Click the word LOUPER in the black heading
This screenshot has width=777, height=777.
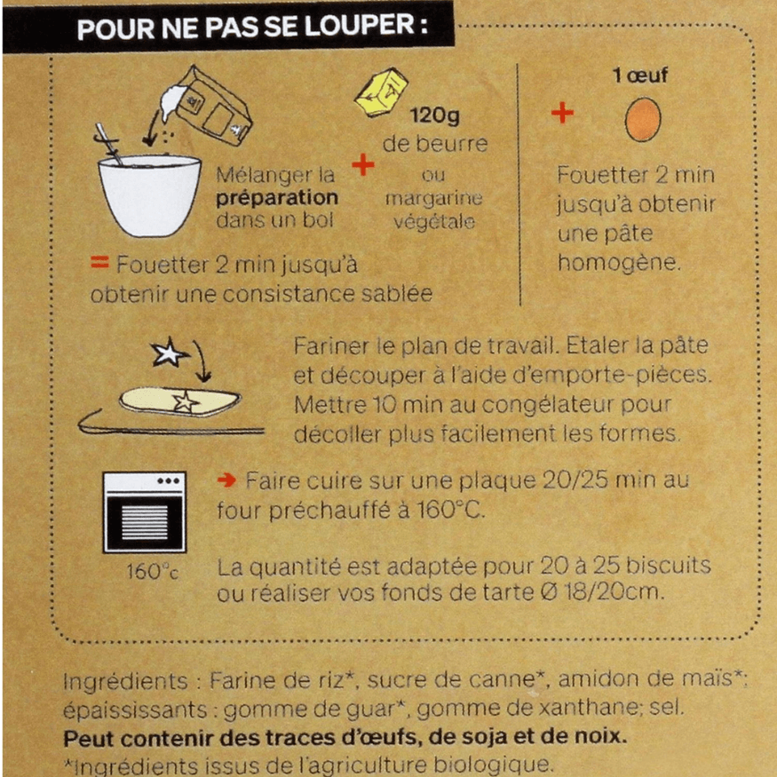pos(359,27)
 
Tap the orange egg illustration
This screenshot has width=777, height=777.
pos(643,119)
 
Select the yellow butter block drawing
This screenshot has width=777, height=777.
pos(381,92)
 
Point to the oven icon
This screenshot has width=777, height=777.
pos(144,511)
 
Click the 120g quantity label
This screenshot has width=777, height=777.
pos(434,115)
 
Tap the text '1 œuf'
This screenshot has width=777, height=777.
pos(639,75)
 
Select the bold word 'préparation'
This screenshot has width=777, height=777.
pos(277,198)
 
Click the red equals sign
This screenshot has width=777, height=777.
pos(99,263)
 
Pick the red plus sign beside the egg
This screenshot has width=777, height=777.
pos(562,113)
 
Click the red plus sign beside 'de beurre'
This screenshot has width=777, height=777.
pos(363,165)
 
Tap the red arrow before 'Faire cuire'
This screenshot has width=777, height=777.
pos(226,480)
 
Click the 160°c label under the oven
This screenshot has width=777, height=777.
pos(152,571)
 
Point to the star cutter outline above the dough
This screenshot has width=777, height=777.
pos(169,353)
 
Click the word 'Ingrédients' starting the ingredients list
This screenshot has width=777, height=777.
pos(126,681)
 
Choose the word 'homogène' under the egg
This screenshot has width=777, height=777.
pos(619,263)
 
